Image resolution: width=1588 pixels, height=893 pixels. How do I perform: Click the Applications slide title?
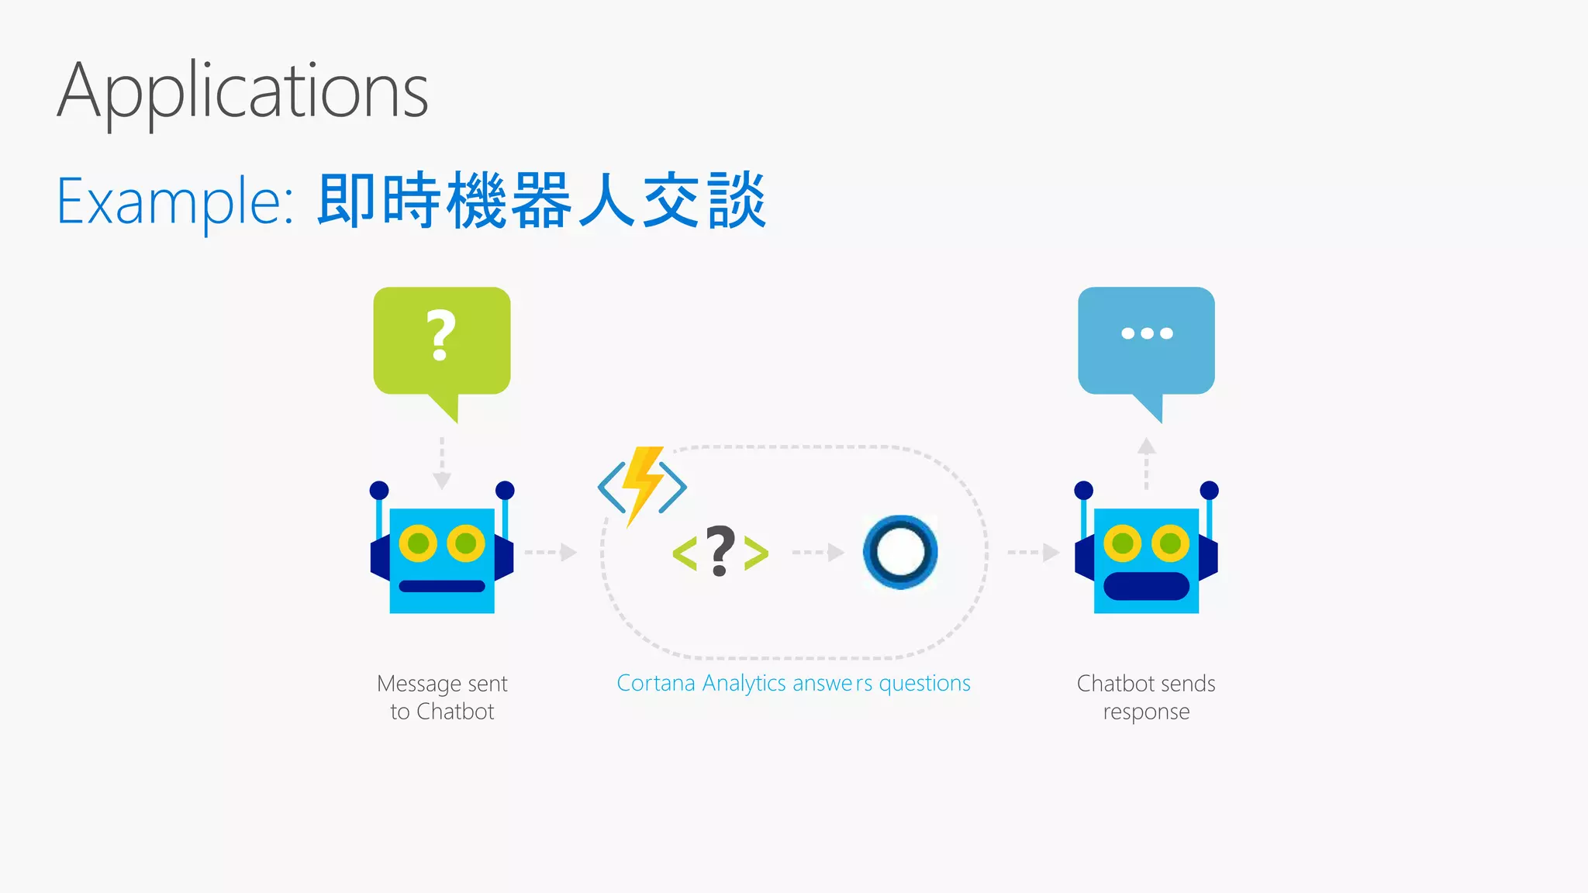[243, 91]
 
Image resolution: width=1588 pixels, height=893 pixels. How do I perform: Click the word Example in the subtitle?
[174, 201]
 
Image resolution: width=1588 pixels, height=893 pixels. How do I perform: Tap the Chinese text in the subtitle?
[541, 201]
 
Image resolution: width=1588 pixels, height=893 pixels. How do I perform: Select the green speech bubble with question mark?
[441, 341]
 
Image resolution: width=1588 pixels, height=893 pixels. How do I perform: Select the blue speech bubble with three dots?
[1146, 341]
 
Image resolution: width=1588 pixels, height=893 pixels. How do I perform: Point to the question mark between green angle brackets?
[720, 552]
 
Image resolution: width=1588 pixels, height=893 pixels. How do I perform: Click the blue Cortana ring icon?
[900, 552]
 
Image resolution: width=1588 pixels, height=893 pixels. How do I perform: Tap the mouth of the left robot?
[441, 586]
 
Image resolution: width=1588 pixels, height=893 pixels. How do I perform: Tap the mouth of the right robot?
[1146, 586]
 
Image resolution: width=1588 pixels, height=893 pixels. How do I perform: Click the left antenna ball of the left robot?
[379, 490]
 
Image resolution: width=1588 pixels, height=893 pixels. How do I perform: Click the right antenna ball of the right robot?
[1209, 490]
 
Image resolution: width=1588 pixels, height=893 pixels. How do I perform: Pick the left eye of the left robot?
[418, 543]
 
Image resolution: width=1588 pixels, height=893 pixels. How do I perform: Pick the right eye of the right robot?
[1170, 543]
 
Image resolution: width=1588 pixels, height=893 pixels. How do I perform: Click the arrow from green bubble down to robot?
[442, 464]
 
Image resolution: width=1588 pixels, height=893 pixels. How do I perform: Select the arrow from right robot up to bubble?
[1146, 463]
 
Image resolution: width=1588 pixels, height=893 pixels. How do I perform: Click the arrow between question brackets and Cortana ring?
[818, 552]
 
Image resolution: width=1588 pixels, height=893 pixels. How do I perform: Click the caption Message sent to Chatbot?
[442, 698]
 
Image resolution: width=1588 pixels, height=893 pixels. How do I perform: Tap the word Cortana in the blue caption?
[656, 683]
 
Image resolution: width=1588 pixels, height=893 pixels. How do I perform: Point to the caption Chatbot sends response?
[1146, 698]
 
